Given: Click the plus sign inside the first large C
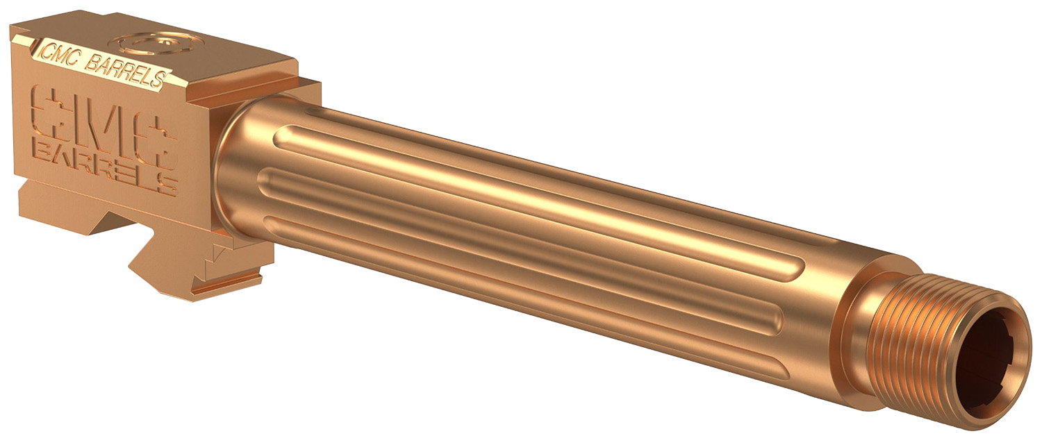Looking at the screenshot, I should click(49, 112).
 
